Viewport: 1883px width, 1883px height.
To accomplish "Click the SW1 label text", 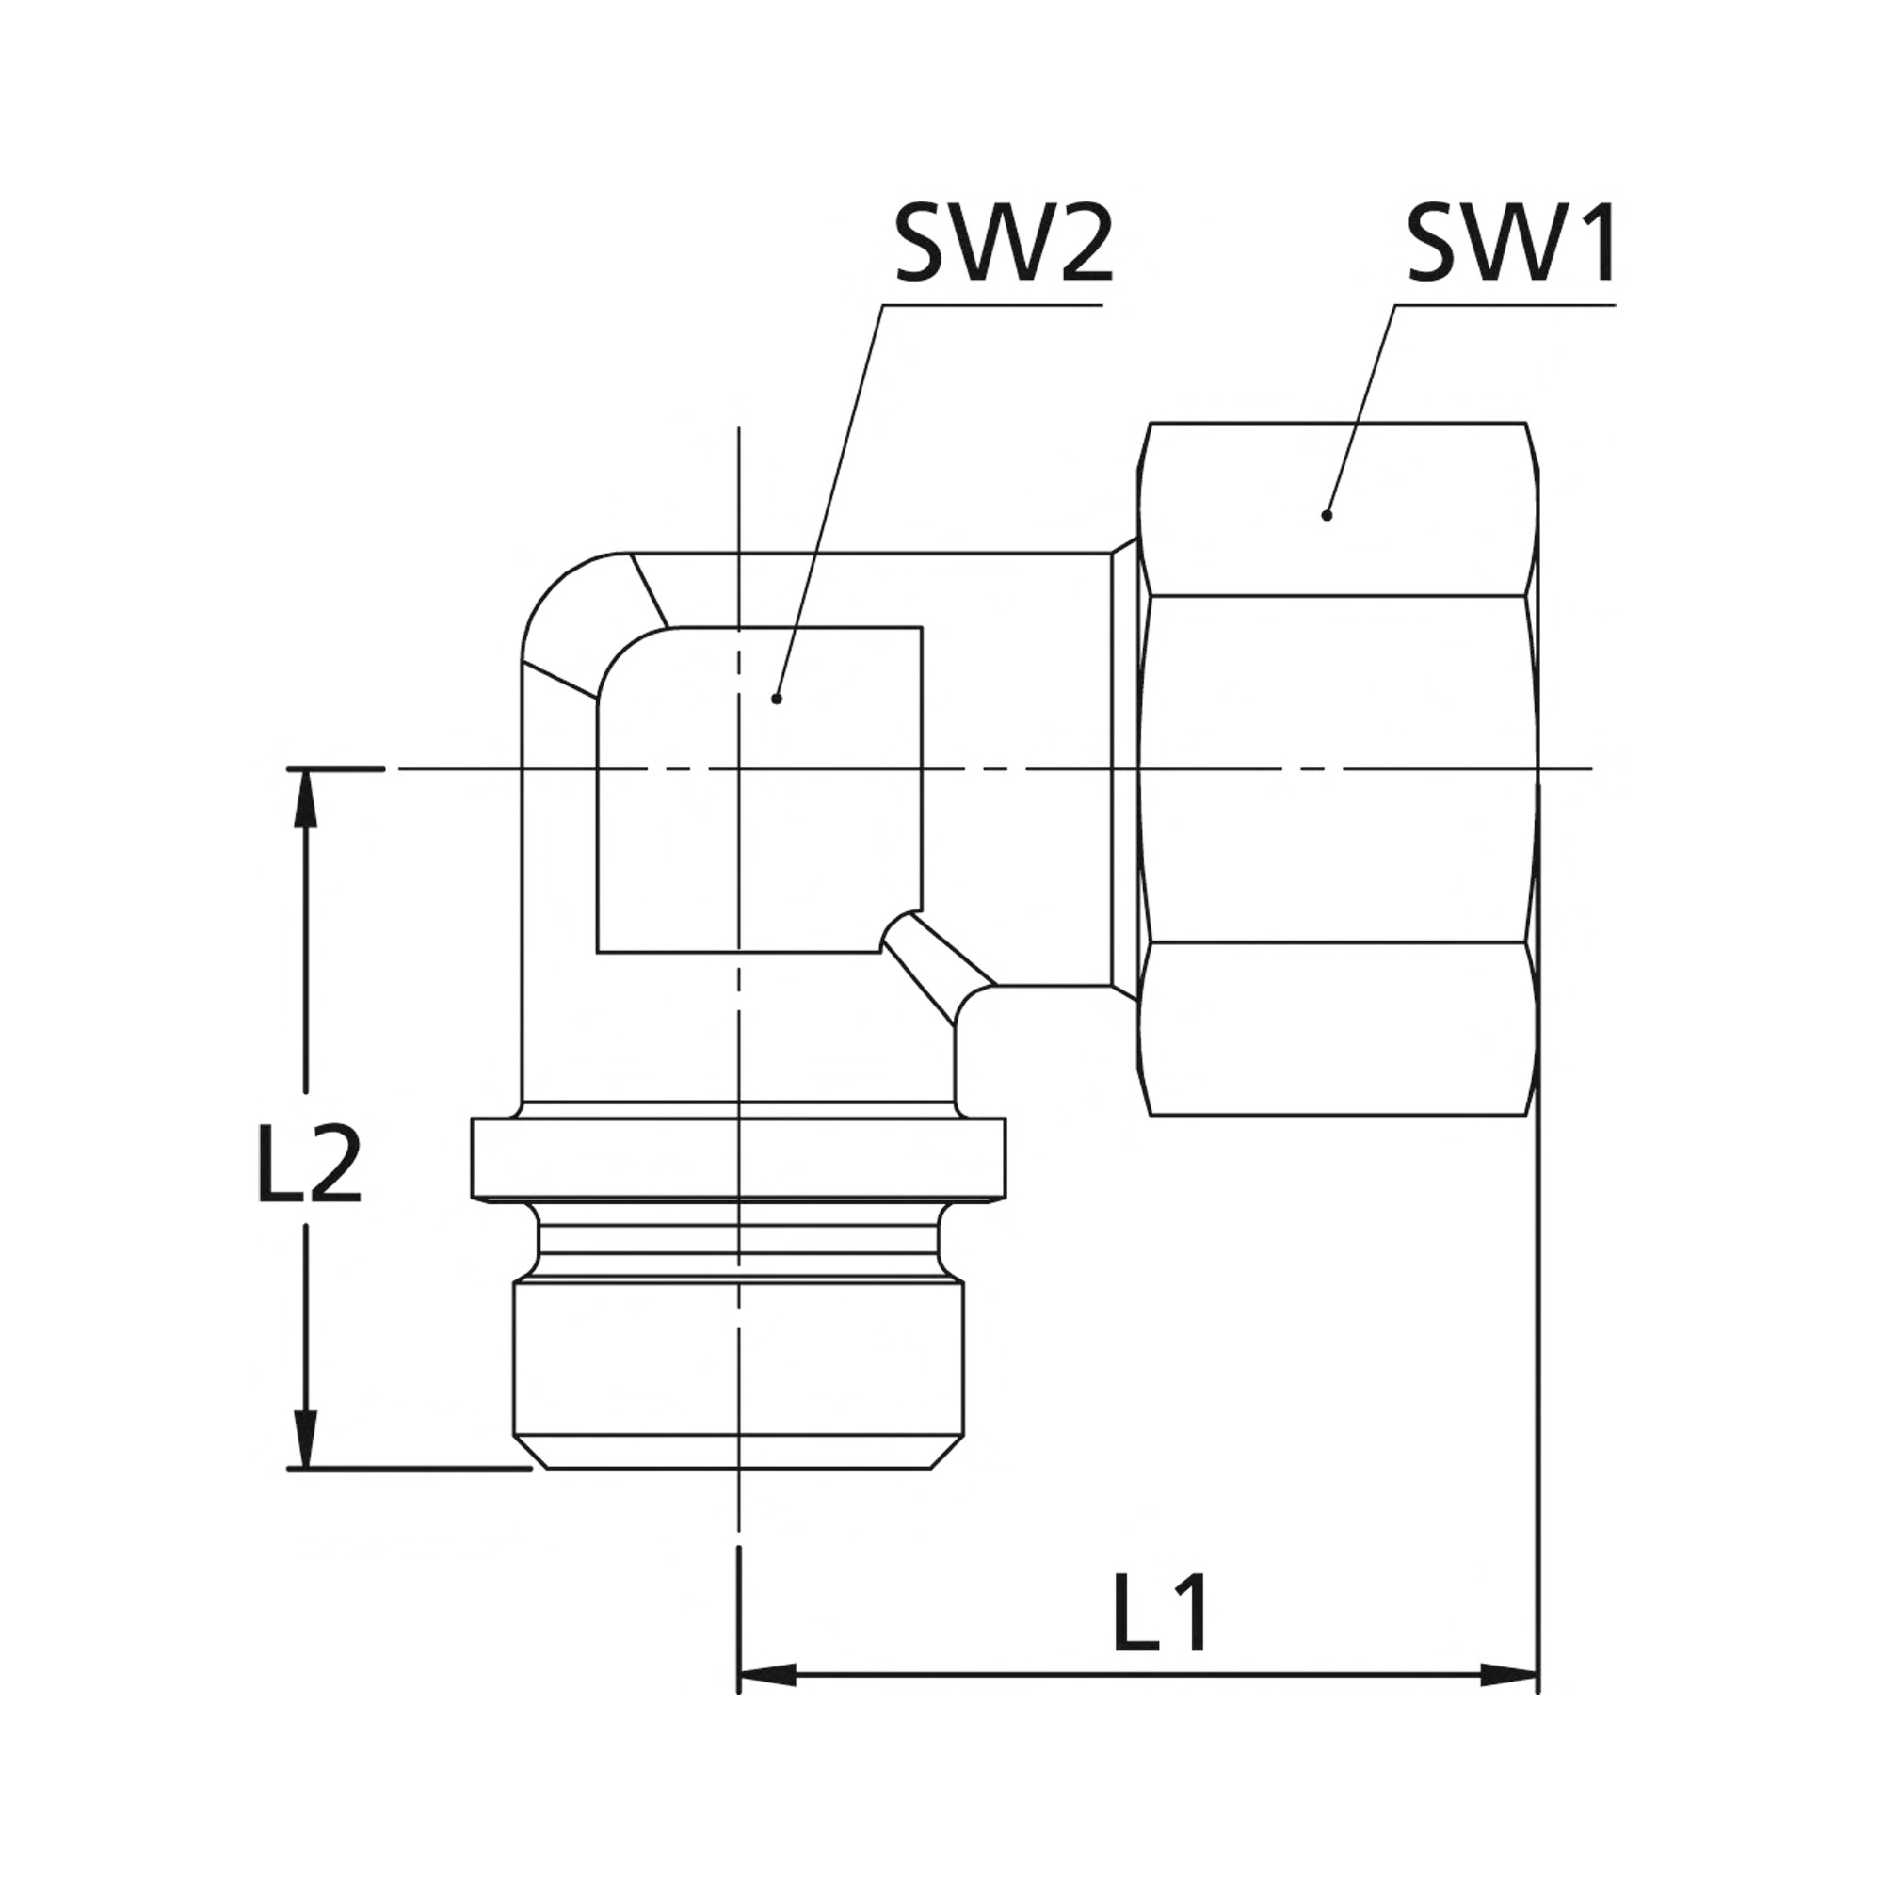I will pos(1510,244).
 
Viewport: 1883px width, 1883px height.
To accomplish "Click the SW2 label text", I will pos(1003,244).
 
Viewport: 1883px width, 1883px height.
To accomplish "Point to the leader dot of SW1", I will pos(1326,516).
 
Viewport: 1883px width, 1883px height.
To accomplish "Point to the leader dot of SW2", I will pos(776,698).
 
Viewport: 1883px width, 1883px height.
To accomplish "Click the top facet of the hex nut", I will pos(1335,508).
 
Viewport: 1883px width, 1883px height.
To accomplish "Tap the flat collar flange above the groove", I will pos(737,1158).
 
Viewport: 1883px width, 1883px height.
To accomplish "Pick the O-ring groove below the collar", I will pos(737,1242).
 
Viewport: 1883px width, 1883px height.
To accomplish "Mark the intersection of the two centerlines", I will pos(739,769).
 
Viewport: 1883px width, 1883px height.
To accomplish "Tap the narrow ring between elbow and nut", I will pos(1125,769).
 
